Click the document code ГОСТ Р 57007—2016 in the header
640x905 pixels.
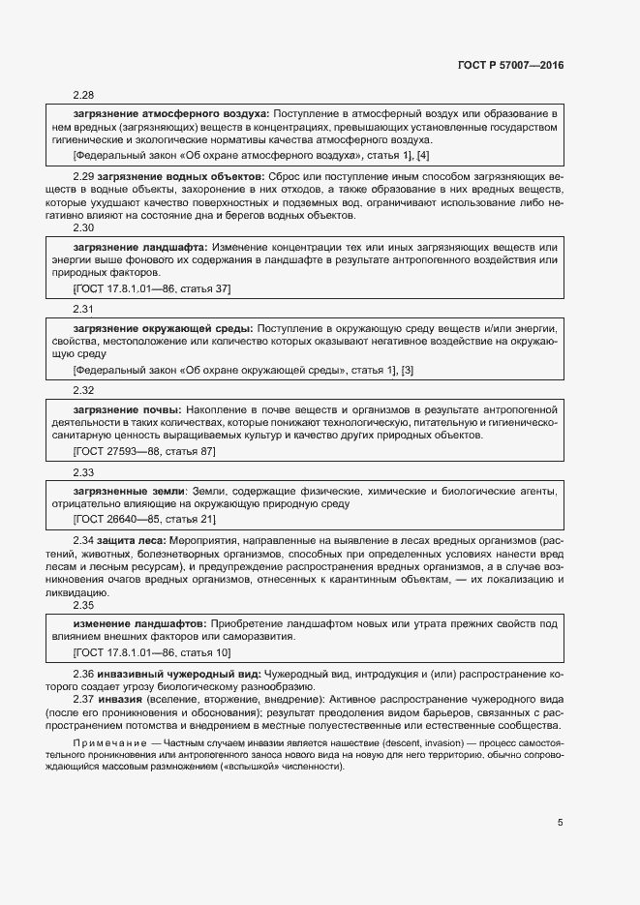(509, 64)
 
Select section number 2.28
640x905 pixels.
(83, 95)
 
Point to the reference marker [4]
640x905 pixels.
(423, 155)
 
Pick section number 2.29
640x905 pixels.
(83, 177)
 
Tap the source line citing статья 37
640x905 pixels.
(152, 288)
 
